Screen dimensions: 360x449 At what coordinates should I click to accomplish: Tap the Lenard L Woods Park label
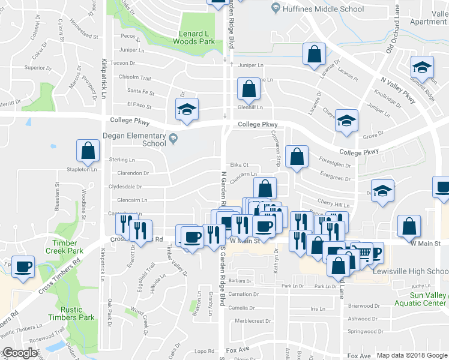pyautogui.click(x=193, y=38)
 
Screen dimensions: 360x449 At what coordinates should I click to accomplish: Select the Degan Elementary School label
pyautogui.click(x=137, y=139)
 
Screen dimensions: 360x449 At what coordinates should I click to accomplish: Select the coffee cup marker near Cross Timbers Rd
pyautogui.click(x=23, y=267)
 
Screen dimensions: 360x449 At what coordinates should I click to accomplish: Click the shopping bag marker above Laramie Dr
pyautogui.click(x=313, y=55)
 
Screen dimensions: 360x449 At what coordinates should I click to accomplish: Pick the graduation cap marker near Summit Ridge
pyautogui.click(x=423, y=67)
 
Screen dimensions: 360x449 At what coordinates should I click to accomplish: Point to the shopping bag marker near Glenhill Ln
pyautogui.click(x=249, y=89)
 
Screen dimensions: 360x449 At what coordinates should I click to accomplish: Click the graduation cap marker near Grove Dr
pyautogui.click(x=346, y=121)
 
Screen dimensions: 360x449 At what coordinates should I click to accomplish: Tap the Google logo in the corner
pyautogui.click(x=20, y=353)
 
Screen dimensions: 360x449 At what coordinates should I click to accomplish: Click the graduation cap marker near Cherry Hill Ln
pyautogui.click(x=382, y=191)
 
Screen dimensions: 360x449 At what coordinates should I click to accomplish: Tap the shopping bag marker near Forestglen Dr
pyautogui.click(x=297, y=157)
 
